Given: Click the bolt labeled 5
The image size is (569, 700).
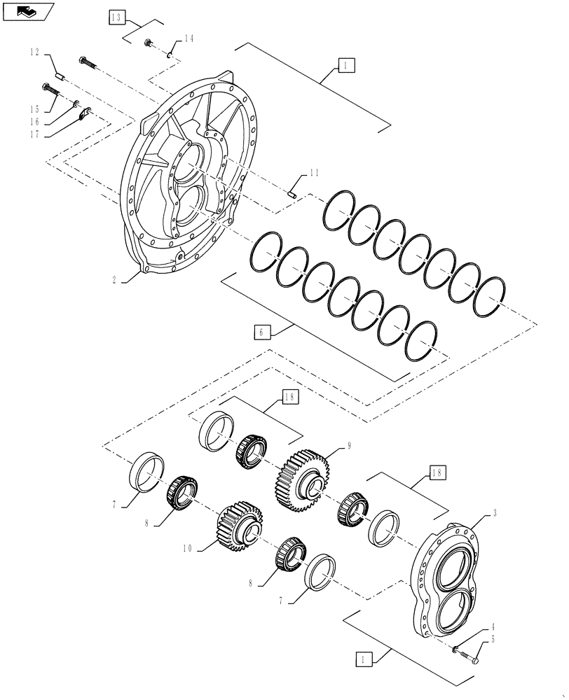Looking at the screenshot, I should (x=470, y=657).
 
